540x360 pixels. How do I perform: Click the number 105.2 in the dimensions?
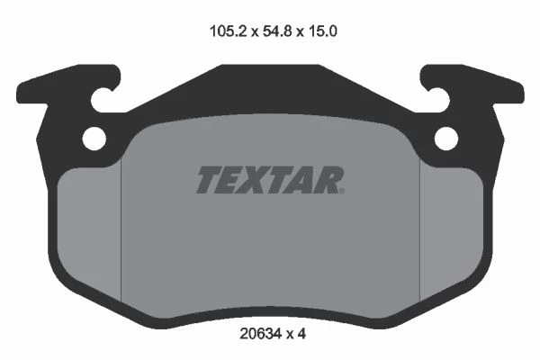pyautogui.click(x=229, y=31)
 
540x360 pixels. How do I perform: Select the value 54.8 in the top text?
pyautogui.click(x=277, y=31)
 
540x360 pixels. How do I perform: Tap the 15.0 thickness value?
pyautogui.click(x=322, y=31)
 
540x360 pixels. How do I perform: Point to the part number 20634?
pyautogui.click(x=261, y=334)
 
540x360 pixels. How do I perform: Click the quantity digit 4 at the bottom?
pyautogui.click(x=301, y=334)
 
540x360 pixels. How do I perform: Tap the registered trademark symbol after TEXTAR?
pyautogui.click(x=342, y=191)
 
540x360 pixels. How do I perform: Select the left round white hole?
pyautogui.click(x=94, y=139)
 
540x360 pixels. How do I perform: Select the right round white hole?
pyautogui.click(x=446, y=139)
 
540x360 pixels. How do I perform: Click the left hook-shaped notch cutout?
pyautogui.click(x=102, y=100)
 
